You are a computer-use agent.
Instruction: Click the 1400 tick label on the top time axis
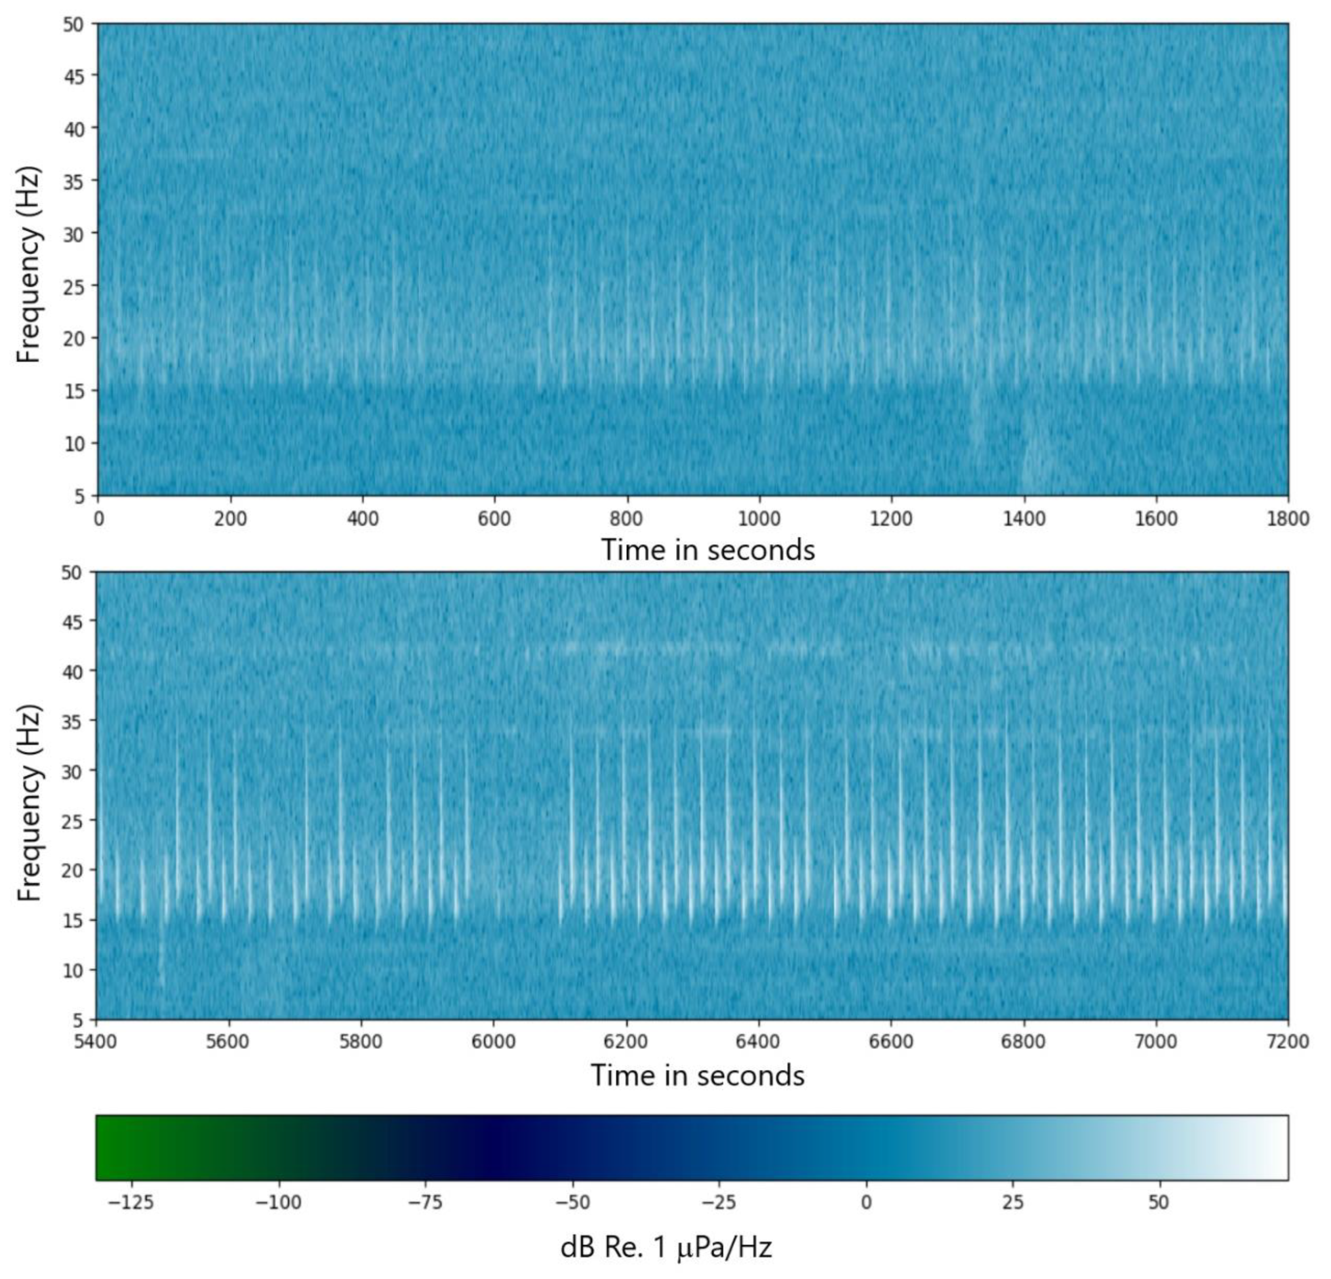click(1024, 519)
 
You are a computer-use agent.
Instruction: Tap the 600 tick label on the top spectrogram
click(494, 519)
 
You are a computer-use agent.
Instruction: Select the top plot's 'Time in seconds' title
click(708, 550)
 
